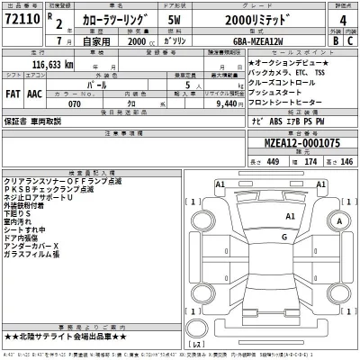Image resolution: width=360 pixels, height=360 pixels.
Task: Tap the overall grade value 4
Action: click(x=337, y=22)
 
